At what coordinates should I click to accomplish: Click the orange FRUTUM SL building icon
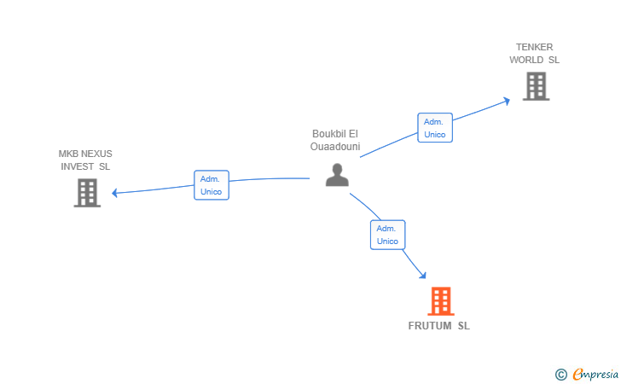tap(440, 301)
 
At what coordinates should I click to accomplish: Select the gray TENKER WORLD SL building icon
tap(536, 86)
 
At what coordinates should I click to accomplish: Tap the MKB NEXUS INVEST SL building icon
tap(87, 193)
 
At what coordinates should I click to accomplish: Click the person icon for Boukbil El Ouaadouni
tap(338, 175)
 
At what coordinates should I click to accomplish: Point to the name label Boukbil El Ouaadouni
tap(336, 140)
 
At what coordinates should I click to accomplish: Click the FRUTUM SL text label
tap(438, 326)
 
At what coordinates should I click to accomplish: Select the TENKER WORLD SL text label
tap(535, 53)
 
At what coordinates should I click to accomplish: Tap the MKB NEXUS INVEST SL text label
tap(85, 160)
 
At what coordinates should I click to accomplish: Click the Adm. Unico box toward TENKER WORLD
tap(435, 128)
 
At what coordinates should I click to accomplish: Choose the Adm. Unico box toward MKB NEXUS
tap(211, 185)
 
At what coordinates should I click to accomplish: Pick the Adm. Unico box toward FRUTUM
tap(387, 235)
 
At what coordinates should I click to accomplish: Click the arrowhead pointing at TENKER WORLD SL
tap(506, 100)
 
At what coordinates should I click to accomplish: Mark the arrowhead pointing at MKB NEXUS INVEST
tap(115, 193)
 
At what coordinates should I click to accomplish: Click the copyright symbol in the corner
tap(560, 374)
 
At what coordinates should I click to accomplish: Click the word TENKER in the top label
tap(535, 47)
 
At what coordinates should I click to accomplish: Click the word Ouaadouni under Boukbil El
tap(336, 147)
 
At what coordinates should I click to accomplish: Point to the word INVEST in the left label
tap(78, 166)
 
